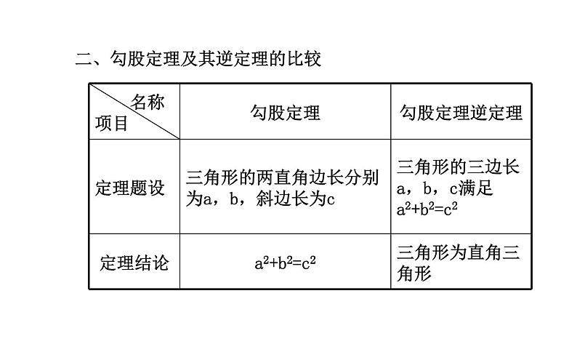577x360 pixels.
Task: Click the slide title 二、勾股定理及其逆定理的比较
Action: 198,58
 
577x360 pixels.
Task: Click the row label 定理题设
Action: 130,188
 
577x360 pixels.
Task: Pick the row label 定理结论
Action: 134,263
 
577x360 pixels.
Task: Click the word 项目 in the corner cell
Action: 111,124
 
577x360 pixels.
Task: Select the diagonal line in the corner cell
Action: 134,111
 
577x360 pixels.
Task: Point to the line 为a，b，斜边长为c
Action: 259,199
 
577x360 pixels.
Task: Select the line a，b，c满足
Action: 445,188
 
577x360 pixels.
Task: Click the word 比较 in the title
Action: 304,58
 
